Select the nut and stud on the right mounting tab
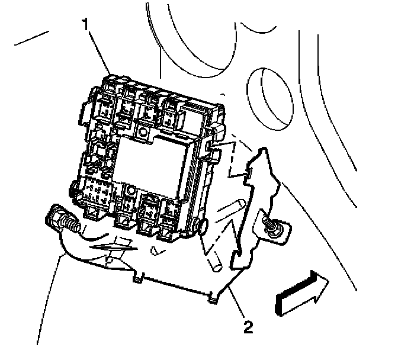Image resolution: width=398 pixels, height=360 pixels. [274, 229]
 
